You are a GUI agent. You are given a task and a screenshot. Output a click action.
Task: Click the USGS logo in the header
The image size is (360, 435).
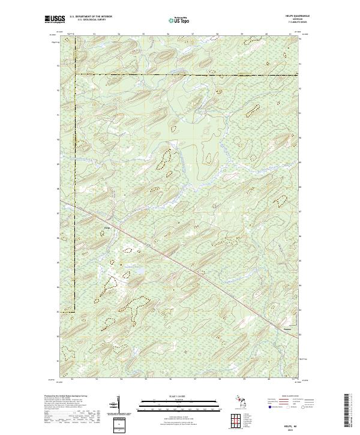point(55,19)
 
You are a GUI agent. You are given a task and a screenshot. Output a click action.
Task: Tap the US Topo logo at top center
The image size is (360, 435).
point(179,19)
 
